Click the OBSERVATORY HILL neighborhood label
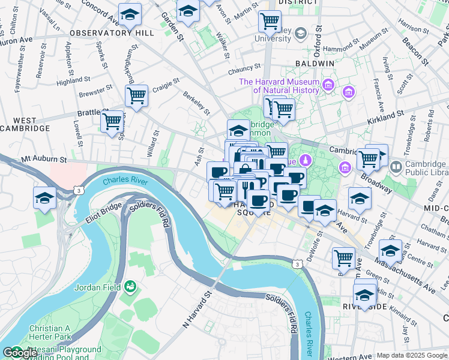[112, 33]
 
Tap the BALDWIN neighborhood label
[315, 63]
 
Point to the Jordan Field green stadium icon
[129, 287]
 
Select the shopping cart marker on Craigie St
[137, 95]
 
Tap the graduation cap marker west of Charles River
[45, 197]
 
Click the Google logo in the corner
[20, 353]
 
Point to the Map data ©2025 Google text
[412, 355]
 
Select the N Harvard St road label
[198, 310]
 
